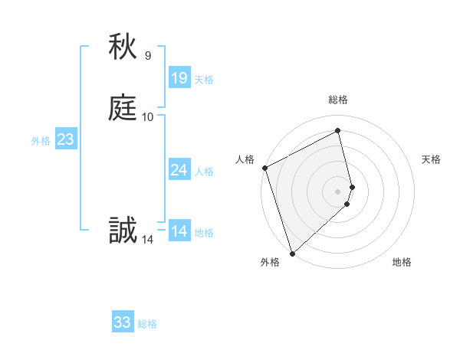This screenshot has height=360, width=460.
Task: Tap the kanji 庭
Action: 123,109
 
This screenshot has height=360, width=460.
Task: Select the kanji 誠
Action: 123,231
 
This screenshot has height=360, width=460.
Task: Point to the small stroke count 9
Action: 148,55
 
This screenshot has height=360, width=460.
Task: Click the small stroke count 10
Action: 148,117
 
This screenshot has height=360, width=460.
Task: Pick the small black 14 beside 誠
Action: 148,240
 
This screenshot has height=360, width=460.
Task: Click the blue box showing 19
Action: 179,78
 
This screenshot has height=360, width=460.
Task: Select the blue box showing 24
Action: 179,170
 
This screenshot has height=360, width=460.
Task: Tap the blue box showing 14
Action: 179,231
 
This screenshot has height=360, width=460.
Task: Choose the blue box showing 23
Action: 65,139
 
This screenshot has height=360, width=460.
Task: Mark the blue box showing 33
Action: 122,322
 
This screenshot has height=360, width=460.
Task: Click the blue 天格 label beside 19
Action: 204,80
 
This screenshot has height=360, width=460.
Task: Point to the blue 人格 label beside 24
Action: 204,172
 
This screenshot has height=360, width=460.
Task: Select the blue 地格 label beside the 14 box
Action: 204,233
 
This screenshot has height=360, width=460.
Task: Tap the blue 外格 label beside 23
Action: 41,141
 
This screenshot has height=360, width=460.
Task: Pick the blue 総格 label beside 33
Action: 147,324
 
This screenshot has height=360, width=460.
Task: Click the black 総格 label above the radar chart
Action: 338,100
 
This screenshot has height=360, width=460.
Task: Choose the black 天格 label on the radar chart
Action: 431,159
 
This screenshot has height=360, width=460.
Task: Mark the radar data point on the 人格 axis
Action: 264,168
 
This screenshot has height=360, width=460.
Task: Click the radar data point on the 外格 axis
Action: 291,254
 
